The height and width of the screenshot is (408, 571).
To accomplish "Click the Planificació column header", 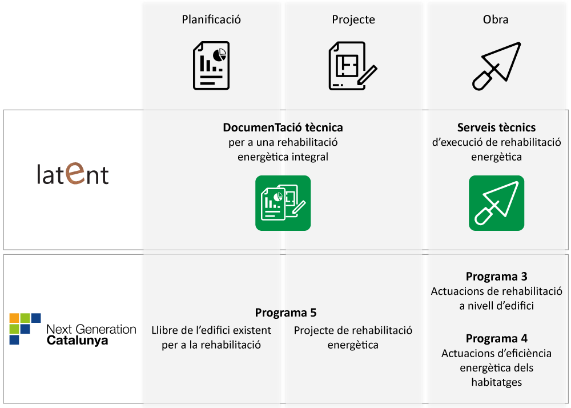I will [211, 19].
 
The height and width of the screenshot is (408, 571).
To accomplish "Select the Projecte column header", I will [353, 19].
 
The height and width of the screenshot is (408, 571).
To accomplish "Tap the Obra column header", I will [495, 19].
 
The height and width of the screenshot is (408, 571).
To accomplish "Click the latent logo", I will [73, 174].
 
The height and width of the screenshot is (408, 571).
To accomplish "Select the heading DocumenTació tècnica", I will [283, 127].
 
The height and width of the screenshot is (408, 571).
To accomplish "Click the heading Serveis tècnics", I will [496, 127].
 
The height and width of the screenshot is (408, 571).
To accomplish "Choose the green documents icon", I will [283, 203].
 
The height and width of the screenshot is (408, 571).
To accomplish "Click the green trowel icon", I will [496, 203].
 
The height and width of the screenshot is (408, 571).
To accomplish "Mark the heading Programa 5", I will [285, 313].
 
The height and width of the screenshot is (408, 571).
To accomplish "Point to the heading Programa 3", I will [496, 277].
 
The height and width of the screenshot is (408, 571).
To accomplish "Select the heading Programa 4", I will [496, 338].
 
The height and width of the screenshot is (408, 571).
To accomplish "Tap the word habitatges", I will [496, 382].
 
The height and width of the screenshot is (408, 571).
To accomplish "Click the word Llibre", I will [165, 330].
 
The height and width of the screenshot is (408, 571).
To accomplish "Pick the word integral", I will [308, 157].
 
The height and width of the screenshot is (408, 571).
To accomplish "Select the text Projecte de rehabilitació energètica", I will [353, 338].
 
